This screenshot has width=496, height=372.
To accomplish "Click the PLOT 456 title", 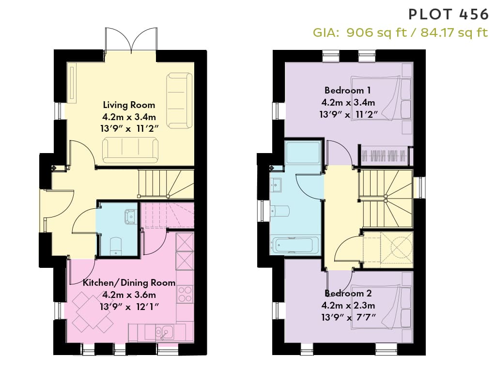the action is pyautogui.click(x=449, y=15).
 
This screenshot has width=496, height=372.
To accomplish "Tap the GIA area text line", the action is pyautogui.click(x=401, y=32).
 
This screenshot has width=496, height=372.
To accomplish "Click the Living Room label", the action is pyautogui.click(x=129, y=105).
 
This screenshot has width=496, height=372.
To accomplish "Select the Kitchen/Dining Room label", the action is pyautogui.click(x=129, y=283).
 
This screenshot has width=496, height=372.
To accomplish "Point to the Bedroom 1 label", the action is pyautogui.click(x=348, y=91).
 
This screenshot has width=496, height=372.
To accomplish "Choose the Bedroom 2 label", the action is pyautogui.click(x=348, y=294).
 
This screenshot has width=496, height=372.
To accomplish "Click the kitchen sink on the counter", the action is pyautogui.click(x=164, y=332).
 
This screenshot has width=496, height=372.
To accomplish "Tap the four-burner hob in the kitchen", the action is pyautogui.click(x=185, y=294).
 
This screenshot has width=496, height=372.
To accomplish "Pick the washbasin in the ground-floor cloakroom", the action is pyautogui.click(x=130, y=217).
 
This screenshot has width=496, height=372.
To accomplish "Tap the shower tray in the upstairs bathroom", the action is pyautogui.click(x=303, y=152).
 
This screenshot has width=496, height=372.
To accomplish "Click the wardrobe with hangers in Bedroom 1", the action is pyautogui.click(x=384, y=155).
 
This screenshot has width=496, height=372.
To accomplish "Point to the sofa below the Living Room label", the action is pyautogui.click(x=130, y=150).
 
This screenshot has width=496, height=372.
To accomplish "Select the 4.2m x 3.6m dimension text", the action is pyautogui.click(x=129, y=295).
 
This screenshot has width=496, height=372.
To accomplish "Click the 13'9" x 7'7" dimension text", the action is pyautogui.click(x=348, y=317).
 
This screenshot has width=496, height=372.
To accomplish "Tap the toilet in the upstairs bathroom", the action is pyautogui.click(x=280, y=211).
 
